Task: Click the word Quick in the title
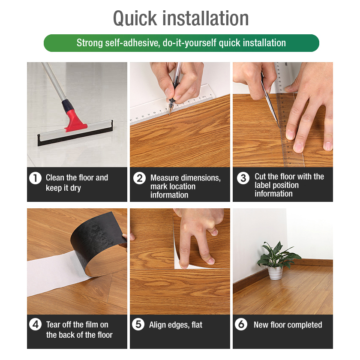click(x=135, y=19)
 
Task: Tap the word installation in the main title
click(x=205, y=18)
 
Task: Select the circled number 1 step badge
click(x=35, y=178)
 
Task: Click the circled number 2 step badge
click(x=140, y=178)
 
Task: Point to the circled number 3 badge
click(x=243, y=178)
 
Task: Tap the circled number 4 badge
click(x=35, y=324)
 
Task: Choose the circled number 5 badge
click(x=138, y=324)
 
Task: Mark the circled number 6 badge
click(x=241, y=324)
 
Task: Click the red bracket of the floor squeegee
click(x=75, y=121)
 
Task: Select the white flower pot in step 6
click(x=275, y=273)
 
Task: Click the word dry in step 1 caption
click(x=75, y=188)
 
